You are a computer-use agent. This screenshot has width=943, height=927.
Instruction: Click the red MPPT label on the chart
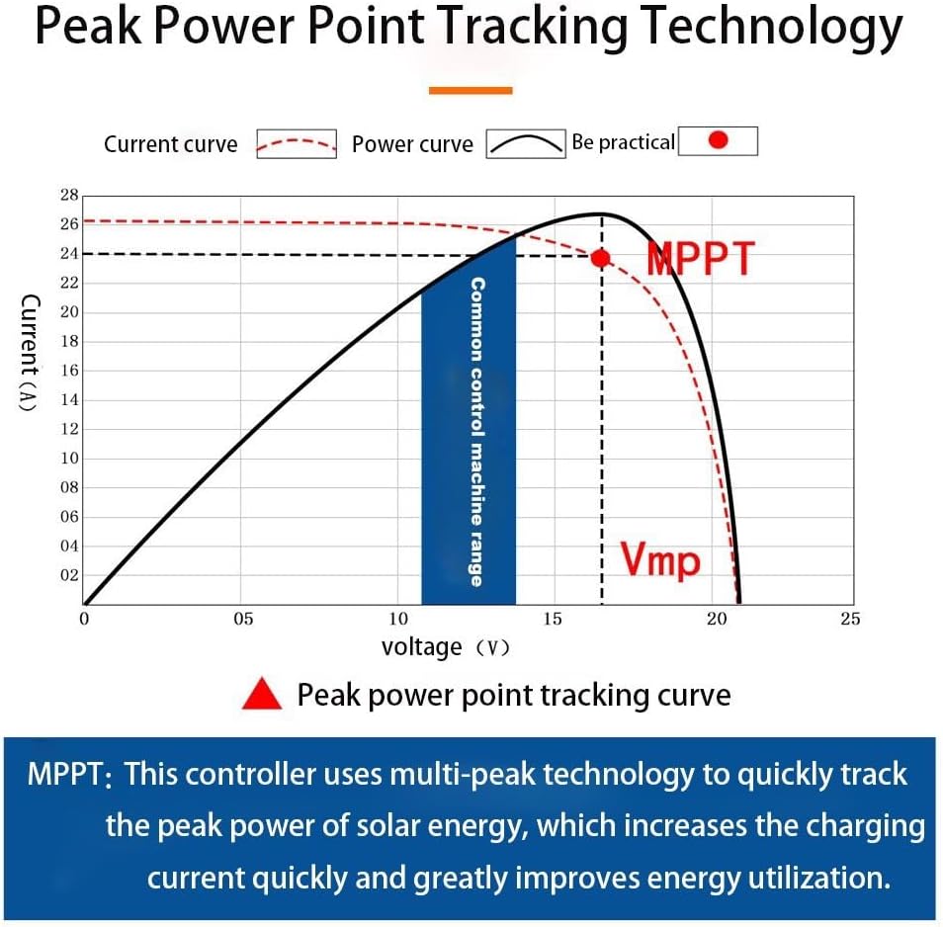700,259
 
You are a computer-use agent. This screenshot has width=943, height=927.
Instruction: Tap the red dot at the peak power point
600,258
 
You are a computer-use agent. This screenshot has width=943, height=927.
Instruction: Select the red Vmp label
660,560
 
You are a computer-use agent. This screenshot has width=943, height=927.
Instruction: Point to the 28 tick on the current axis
68,196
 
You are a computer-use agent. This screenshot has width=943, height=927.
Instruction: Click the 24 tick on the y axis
68,253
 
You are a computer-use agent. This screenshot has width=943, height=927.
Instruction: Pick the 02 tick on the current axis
68,575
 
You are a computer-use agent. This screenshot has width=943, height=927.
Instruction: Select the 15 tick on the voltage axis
553,620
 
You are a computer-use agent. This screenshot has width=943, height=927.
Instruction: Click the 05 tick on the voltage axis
243,620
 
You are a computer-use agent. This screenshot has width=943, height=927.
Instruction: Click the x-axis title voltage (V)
445,647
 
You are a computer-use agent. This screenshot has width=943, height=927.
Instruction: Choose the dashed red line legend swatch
297,144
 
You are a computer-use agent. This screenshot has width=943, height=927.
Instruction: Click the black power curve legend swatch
525,144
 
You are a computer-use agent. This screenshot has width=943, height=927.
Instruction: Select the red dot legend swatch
719,141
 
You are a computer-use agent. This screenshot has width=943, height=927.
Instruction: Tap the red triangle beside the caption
263,695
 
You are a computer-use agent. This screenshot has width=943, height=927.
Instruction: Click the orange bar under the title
471,90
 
